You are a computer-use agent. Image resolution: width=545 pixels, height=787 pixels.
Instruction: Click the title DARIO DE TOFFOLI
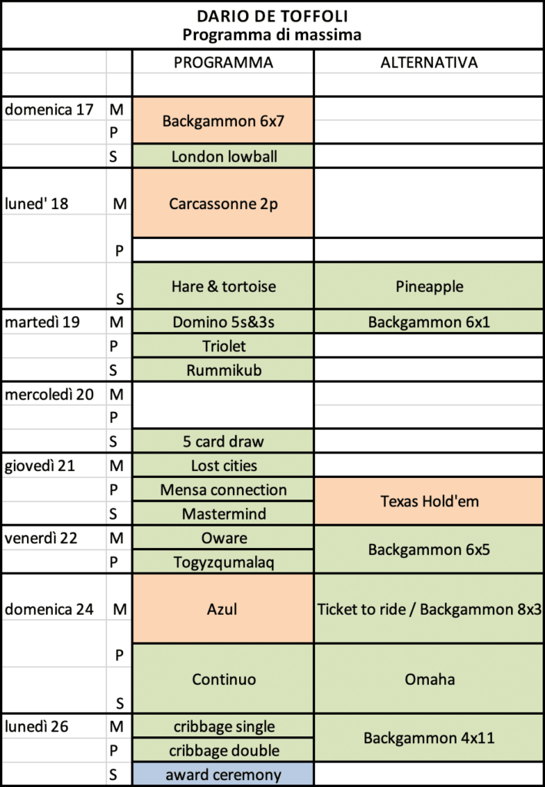[272, 16]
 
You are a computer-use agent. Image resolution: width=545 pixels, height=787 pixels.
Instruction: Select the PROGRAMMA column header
[223, 63]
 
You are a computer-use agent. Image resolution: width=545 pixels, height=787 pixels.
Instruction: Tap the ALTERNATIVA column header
[429, 63]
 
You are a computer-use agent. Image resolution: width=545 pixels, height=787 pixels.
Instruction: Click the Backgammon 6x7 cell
[223, 121]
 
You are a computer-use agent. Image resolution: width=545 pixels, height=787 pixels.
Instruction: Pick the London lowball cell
[223, 157]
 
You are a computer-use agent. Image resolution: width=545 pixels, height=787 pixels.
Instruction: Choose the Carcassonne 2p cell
[223, 204]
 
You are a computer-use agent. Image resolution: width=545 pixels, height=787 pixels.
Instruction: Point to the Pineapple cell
[429, 286]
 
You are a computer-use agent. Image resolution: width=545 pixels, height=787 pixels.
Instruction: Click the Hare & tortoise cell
[223, 286]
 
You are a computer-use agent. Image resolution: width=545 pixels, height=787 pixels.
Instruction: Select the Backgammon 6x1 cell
[429, 323]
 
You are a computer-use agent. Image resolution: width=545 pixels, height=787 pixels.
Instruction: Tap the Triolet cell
[223, 347]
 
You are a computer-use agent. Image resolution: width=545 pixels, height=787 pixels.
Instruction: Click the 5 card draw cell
[223, 442]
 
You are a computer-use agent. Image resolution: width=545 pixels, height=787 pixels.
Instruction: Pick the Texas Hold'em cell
[429, 501]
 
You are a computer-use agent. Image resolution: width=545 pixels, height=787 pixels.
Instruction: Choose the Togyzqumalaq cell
[223, 562]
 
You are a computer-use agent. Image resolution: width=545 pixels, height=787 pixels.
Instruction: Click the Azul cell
[223, 609]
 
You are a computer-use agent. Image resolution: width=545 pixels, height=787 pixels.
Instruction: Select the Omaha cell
[429, 679]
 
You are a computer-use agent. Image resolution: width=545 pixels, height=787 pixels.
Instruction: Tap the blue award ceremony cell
[223, 775]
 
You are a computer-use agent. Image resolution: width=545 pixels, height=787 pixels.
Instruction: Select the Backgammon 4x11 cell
[429, 739]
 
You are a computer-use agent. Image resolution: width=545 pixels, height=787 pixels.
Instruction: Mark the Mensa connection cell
[223, 490]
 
